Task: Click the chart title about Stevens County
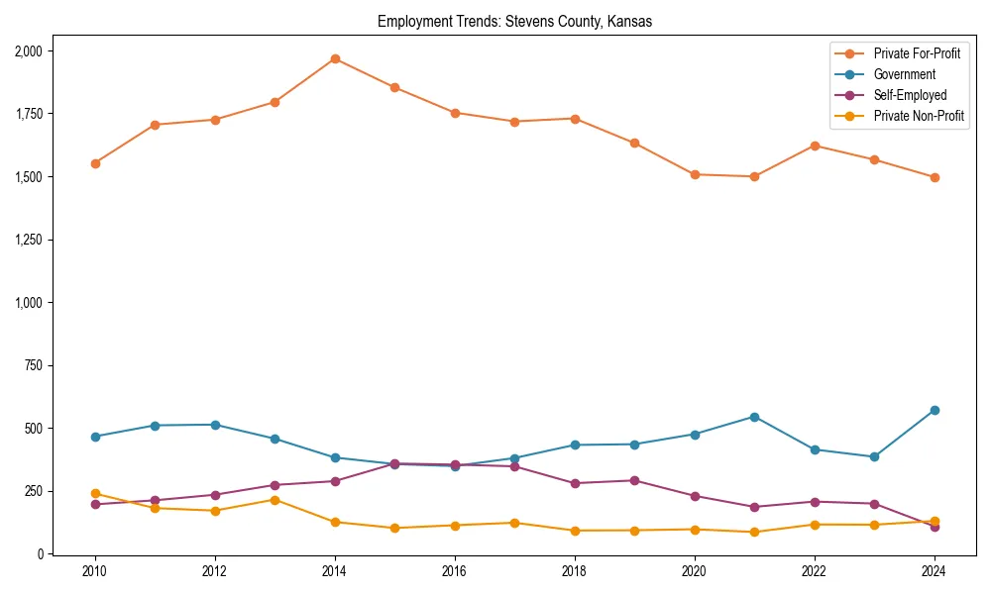514,22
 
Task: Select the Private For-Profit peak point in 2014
335,58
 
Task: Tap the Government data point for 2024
935,410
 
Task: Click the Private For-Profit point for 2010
95,163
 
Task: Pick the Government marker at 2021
754,417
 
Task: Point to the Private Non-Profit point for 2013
275,500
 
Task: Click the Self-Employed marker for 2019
634,481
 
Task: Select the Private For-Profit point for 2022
815,146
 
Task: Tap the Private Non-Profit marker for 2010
95,493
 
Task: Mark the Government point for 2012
215,425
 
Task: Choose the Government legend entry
904,74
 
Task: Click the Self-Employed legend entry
910,95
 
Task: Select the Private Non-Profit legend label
919,116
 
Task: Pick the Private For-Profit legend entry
917,53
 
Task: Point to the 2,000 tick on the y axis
28,50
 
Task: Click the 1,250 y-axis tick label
28,240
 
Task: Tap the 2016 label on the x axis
455,571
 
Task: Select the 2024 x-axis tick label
935,571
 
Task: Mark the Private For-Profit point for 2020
695,174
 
